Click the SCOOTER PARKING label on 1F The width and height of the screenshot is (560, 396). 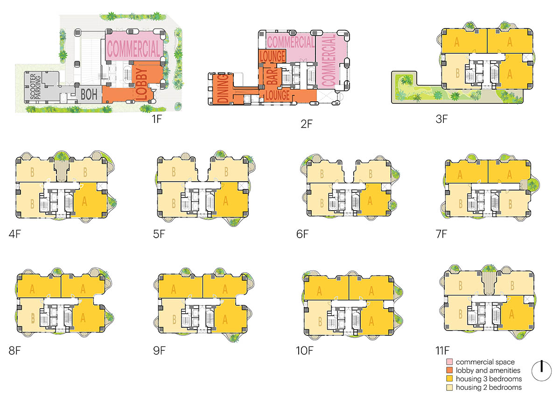click(x=35, y=86)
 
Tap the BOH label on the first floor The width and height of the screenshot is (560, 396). click(x=89, y=94)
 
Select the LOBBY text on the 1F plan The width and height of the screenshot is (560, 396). click(x=142, y=84)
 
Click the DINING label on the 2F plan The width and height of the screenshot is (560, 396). click(x=223, y=89)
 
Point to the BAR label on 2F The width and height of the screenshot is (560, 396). click(x=272, y=76)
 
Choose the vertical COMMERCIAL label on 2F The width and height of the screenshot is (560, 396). click(x=329, y=61)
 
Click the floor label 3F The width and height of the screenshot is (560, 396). click(x=441, y=119)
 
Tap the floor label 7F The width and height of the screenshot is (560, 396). click(x=441, y=234)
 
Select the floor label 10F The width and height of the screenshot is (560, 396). click(x=304, y=351)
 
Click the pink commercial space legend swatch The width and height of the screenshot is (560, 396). click(x=449, y=362)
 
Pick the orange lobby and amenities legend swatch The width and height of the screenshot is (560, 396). click(x=449, y=370)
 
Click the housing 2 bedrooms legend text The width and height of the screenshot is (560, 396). click(x=489, y=388)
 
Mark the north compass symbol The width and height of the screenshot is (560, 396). click(x=541, y=371)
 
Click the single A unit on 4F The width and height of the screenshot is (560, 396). click(x=84, y=201)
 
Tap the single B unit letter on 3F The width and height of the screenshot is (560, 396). click(x=457, y=73)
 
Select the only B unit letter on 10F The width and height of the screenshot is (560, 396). click(x=320, y=322)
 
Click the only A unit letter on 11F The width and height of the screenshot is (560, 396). click(x=511, y=314)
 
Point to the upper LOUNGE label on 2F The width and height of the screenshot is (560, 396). click(x=272, y=57)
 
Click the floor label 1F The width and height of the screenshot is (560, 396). click(x=157, y=119)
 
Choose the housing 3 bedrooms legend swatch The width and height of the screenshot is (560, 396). click(x=449, y=379)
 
